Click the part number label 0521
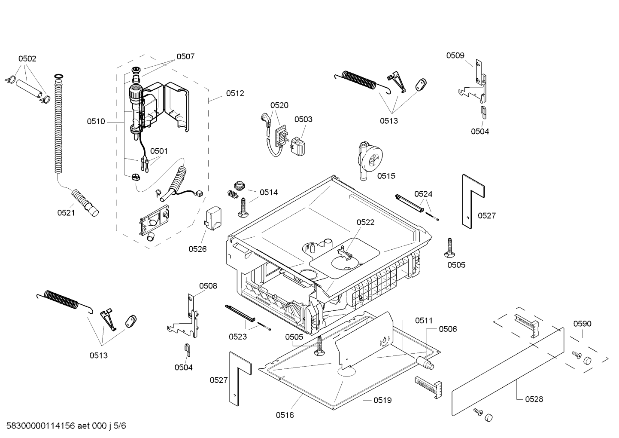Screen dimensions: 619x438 (66, 213)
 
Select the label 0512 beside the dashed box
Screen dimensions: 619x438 (235, 94)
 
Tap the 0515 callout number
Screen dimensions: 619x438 (386, 176)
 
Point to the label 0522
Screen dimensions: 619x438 (366, 223)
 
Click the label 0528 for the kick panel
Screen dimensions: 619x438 (534, 399)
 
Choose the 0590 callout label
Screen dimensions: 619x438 (582, 324)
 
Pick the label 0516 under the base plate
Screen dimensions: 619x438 (285, 415)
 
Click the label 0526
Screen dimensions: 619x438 (197, 249)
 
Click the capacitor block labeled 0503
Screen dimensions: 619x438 (297, 146)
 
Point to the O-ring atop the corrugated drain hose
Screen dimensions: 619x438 (58, 76)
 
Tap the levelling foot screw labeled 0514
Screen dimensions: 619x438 (243, 208)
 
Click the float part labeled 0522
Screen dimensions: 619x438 (344, 253)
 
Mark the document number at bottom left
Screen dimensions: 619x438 (66, 426)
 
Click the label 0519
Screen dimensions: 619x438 (383, 400)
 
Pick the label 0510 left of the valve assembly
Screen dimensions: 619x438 (96, 122)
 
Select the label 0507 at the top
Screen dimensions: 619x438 (186, 57)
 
